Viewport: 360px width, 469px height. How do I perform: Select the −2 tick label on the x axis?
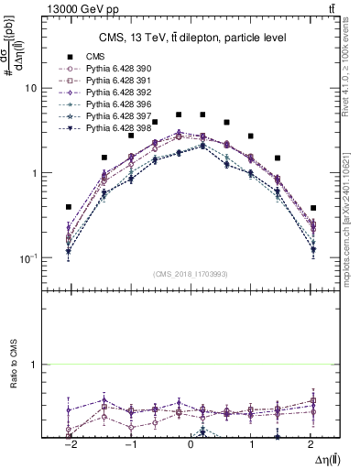click(68, 443)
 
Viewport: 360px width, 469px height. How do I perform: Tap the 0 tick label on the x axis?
click(191, 443)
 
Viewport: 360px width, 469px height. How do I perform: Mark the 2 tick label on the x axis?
click(313, 443)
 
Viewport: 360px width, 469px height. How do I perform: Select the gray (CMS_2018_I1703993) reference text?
click(191, 273)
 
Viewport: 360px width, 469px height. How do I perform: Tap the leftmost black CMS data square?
click(69, 207)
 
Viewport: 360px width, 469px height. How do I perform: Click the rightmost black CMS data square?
click(313, 208)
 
